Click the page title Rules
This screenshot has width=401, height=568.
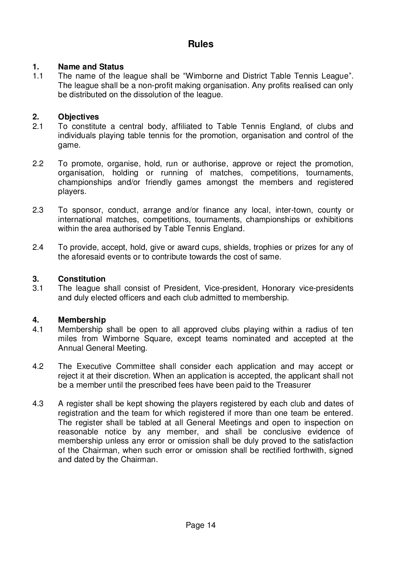[x=200, y=44]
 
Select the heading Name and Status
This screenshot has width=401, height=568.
[x=90, y=67]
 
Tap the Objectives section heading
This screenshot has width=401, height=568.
[x=78, y=117]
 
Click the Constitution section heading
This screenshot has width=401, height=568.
[x=81, y=279]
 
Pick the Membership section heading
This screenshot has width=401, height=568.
[x=82, y=320]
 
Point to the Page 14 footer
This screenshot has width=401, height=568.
[x=200, y=525]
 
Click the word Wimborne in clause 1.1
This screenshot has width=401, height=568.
[x=203, y=76]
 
